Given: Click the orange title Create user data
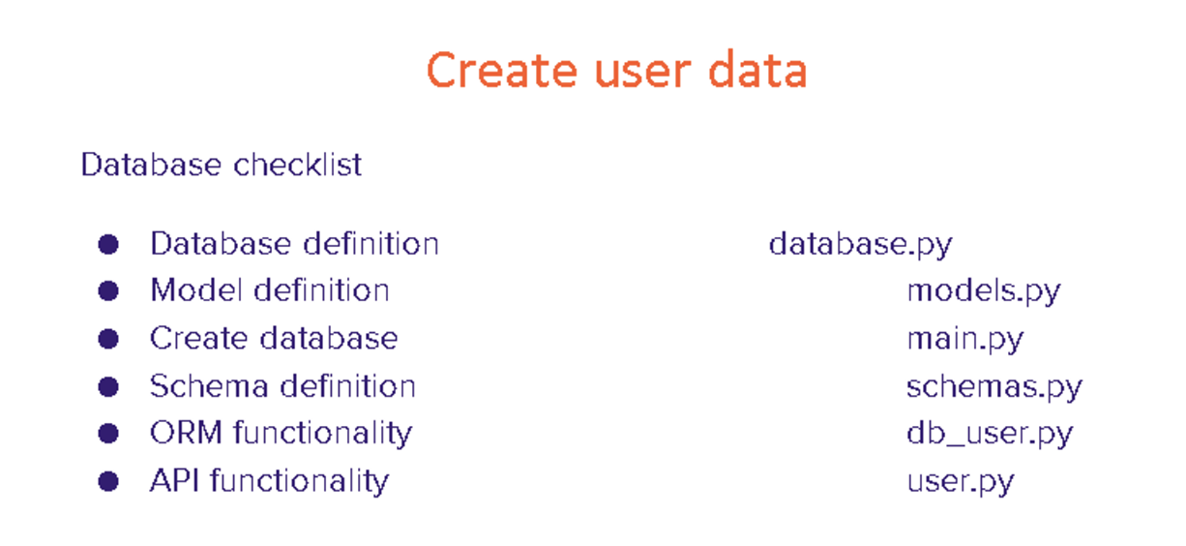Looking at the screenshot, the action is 617,70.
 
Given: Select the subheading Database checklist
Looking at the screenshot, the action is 222,164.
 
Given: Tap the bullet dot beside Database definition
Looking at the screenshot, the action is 108,244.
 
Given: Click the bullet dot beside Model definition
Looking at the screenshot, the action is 108,291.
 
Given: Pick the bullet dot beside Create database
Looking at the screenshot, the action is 108,339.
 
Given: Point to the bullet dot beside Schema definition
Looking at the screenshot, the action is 108,386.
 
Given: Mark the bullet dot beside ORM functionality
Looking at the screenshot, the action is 108,433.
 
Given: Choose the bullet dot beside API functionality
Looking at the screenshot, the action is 108,481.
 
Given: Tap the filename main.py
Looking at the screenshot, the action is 965,340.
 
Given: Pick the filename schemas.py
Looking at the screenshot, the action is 994,387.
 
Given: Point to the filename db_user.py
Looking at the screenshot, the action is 990,434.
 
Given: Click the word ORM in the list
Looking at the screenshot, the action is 187,433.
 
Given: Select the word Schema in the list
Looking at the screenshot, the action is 209,385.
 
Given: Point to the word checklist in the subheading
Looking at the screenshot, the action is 298,164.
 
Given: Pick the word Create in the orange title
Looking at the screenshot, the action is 501,70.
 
